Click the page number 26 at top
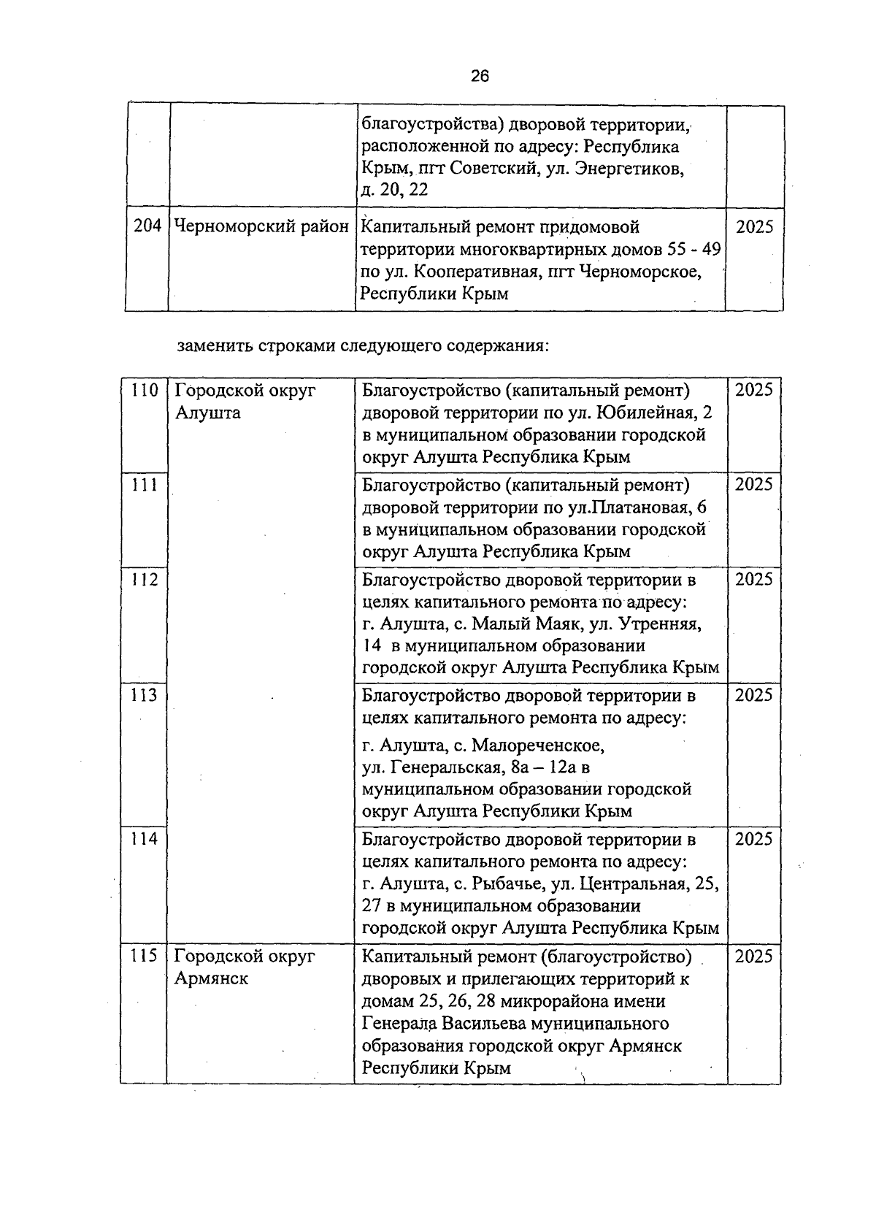point(480,76)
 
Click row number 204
point(147,226)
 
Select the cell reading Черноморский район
point(261,227)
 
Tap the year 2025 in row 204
point(754,227)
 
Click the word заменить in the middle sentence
point(214,345)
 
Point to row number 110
point(145,390)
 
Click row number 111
point(145,485)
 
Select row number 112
point(145,580)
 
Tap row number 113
point(145,695)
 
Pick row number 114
point(145,839)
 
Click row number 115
point(145,956)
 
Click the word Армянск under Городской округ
point(211,978)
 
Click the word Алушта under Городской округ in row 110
point(207,413)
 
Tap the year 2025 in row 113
point(753,695)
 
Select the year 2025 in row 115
point(753,956)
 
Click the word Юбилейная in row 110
point(645,413)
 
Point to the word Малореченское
point(539,746)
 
